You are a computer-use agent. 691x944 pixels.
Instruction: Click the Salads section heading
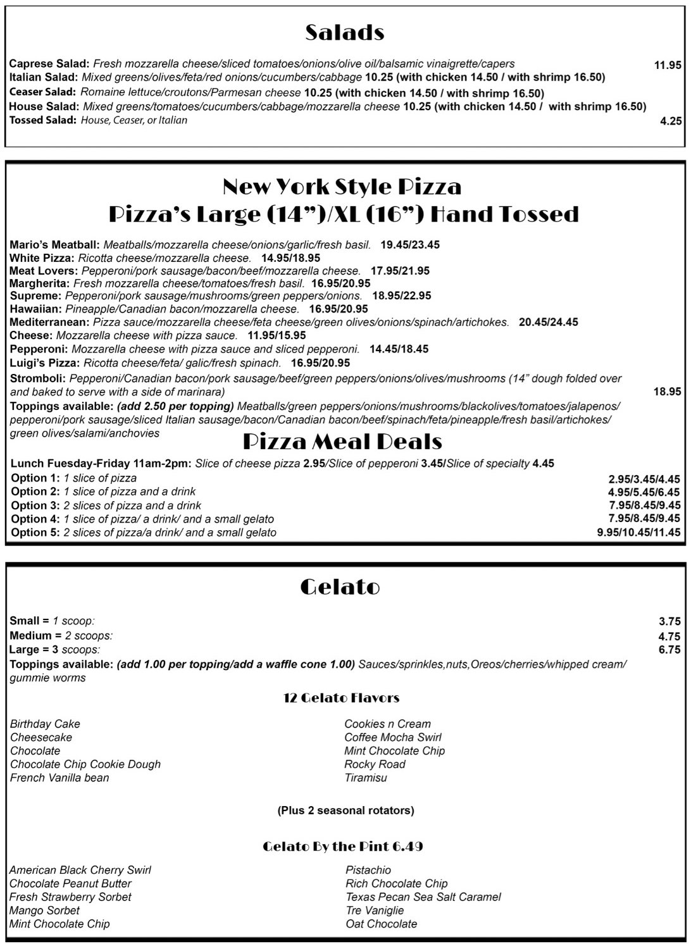click(345, 32)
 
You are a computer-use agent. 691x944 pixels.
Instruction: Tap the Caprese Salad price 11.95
click(667, 65)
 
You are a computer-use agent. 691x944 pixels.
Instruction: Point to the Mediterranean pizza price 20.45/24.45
click(548, 322)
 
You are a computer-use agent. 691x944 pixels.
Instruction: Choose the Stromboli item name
click(37, 378)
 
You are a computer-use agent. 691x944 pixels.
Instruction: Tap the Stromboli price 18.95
click(667, 392)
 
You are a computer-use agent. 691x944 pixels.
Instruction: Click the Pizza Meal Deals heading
click(342, 442)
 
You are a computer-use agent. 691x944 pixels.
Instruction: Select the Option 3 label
click(35, 505)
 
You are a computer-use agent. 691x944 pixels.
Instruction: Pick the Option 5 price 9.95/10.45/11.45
click(638, 533)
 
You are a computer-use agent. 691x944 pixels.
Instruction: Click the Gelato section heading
click(340, 587)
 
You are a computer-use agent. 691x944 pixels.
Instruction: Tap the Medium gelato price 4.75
click(669, 637)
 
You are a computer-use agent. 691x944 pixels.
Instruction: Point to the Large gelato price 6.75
click(669, 650)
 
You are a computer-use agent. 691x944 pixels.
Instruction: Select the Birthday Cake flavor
click(45, 724)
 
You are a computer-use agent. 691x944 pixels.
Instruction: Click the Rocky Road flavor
click(375, 764)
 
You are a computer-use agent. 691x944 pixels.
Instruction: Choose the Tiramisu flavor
click(365, 778)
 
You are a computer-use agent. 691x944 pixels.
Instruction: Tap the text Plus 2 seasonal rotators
click(345, 810)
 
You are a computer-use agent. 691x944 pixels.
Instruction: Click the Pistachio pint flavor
click(368, 870)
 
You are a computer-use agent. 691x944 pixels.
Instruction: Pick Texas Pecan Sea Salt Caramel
click(423, 897)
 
